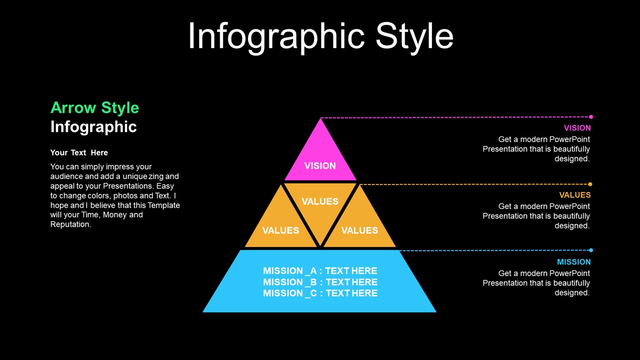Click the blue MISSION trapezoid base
coord(319,282)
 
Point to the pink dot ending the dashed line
coord(591,117)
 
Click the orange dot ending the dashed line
coord(590,185)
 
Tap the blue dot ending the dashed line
coord(591,250)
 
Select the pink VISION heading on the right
coord(577,128)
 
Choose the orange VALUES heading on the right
coord(575,195)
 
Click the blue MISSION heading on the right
coord(574,262)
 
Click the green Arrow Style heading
coord(94,108)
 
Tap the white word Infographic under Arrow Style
coord(93,127)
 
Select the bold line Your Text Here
coord(79,153)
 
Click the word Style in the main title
coord(414,37)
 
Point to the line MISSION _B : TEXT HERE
coord(320,282)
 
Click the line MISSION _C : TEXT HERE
coord(320,293)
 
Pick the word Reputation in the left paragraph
coord(70,225)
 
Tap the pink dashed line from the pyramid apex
coord(455,117)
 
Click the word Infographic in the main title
coord(276,37)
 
